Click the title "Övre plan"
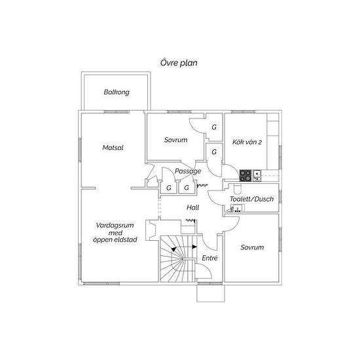(x=179, y=63)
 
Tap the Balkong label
(x=117, y=92)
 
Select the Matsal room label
(x=113, y=148)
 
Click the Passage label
(x=188, y=171)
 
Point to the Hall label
(x=193, y=207)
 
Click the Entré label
(x=209, y=258)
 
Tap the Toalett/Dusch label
(x=252, y=199)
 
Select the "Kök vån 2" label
(x=247, y=142)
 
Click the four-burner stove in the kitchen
(x=245, y=175)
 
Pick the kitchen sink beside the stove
(x=257, y=175)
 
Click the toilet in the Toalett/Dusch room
(x=237, y=189)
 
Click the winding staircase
(x=179, y=259)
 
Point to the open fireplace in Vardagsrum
(x=152, y=230)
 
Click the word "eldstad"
(x=126, y=240)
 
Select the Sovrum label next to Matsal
(x=175, y=140)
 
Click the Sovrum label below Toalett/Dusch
(x=252, y=247)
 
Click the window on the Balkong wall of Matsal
(x=117, y=112)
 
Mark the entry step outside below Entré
(x=211, y=293)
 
